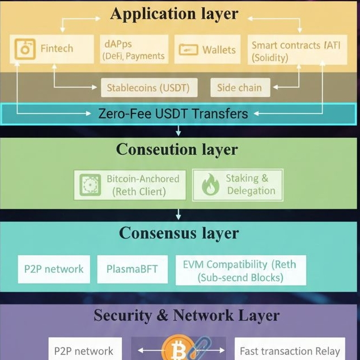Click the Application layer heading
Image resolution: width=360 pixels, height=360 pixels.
174,14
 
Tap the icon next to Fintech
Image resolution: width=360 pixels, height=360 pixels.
24,49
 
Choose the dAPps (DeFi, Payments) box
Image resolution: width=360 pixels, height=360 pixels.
134,49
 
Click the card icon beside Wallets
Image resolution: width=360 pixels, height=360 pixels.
188,50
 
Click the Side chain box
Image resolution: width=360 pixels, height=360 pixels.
239,88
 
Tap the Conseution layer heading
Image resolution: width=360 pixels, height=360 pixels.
177,150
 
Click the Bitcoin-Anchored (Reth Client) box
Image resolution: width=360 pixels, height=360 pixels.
130,185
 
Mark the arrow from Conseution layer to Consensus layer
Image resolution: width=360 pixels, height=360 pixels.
179,214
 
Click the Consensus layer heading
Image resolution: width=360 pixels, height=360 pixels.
179,233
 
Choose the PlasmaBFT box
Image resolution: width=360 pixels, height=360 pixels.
133,270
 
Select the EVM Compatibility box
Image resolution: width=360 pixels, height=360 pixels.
240,270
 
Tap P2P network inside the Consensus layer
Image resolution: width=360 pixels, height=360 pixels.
54,270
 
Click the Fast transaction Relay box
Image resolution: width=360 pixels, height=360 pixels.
290,351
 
